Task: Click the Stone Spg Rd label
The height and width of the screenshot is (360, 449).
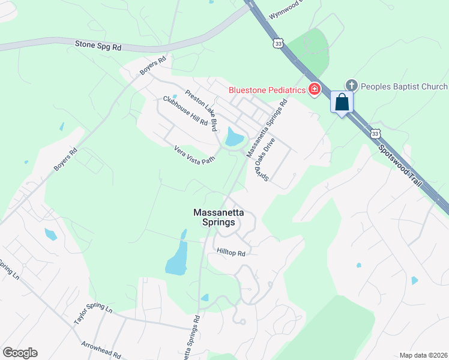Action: pyautogui.click(x=98, y=45)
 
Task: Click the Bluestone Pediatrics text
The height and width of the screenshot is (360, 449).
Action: pyautogui.click(x=267, y=91)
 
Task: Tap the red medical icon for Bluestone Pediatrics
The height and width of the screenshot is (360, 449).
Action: pyautogui.click(x=313, y=90)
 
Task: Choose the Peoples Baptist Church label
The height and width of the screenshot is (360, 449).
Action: pyautogui.click(x=404, y=87)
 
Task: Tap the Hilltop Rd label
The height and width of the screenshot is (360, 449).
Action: pyautogui.click(x=232, y=253)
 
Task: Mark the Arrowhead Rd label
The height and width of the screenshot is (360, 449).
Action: pyautogui.click(x=101, y=350)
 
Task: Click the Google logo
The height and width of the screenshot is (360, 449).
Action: pyautogui.click(x=20, y=353)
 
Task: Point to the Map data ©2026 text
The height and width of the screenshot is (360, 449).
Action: pyautogui.click(x=423, y=355)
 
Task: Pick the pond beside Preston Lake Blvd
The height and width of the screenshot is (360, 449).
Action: pyautogui.click(x=234, y=139)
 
